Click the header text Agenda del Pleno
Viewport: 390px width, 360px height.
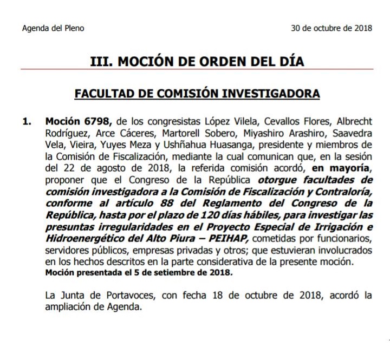click(x=53, y=28)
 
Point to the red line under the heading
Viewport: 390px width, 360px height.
click(x=197, y=69)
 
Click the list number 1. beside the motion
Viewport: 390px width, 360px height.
click(x=27, y=120)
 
